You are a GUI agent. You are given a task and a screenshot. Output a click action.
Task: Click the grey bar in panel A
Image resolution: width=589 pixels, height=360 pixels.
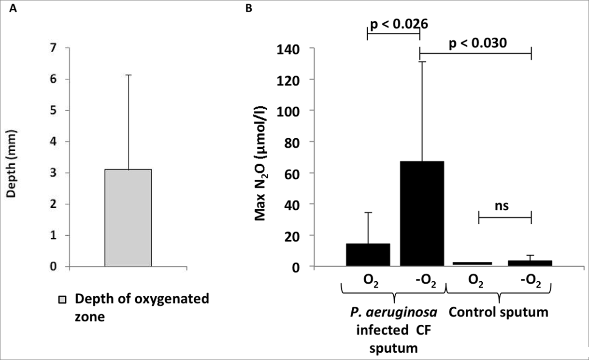click(129, 217)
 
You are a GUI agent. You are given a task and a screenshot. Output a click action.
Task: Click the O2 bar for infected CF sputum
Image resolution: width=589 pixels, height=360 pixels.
click(368, 254)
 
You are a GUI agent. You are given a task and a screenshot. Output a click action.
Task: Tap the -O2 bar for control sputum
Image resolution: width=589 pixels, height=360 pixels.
click(531, 263)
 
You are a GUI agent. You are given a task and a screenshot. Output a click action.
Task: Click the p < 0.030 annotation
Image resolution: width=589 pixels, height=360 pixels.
click(478, 43)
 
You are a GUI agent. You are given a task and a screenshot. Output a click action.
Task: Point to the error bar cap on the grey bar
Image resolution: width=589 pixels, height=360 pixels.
click(129, 75)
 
